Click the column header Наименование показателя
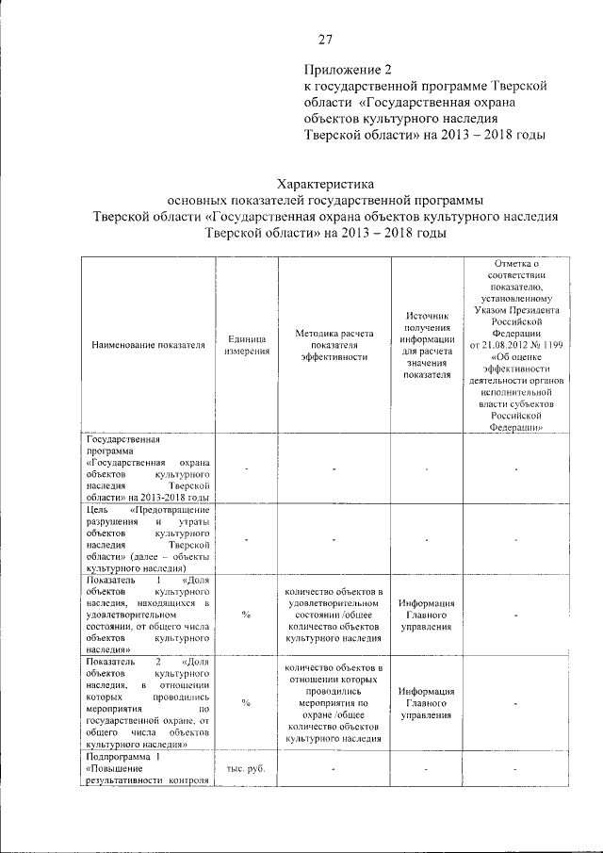(x=148, y=346)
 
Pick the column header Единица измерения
(x=247, y=346)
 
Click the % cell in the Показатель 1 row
(x=246, y=615)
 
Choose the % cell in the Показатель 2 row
(x=246, y=703)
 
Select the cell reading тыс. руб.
(x=246, y=768)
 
